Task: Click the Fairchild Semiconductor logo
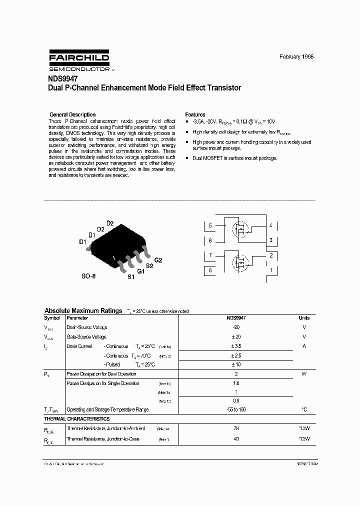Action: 79,61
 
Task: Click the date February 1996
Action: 296,57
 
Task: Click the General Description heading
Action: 72,114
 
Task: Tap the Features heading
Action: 195,114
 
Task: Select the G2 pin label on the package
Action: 158,260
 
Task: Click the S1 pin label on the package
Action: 131,276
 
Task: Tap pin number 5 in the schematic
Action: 210,225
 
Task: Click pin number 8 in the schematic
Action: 210,270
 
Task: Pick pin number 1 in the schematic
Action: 271,270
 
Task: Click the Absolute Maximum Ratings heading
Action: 83,310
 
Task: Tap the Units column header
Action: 304,318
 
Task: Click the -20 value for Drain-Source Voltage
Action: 236,327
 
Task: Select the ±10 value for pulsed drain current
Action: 236,364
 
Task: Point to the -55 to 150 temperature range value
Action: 236,409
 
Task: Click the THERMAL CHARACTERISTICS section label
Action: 77,419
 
